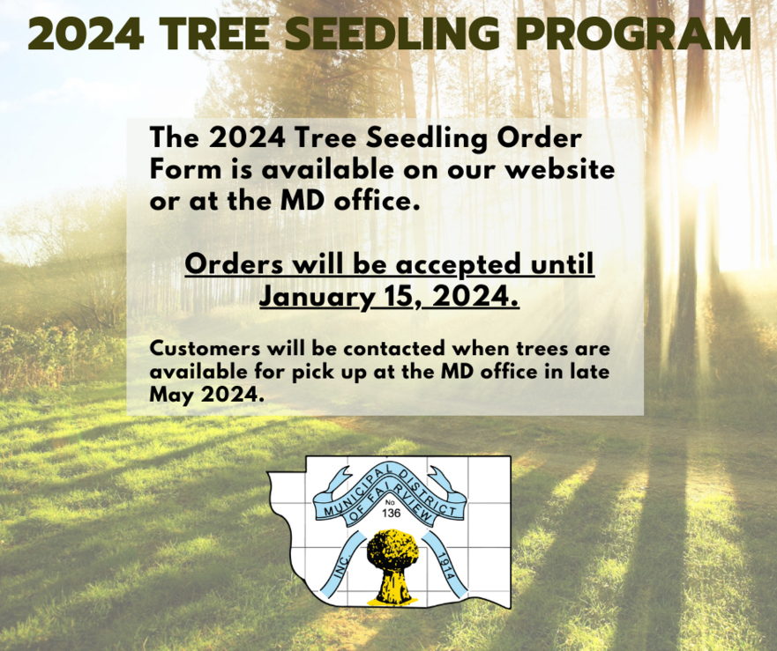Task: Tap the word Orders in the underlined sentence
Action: click(235, 264)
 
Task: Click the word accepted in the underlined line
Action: click(459, 265)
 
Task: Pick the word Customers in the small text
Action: click(205, 349)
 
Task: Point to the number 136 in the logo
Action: click(392, 513)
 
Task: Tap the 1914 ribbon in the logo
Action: click(445, 564)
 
